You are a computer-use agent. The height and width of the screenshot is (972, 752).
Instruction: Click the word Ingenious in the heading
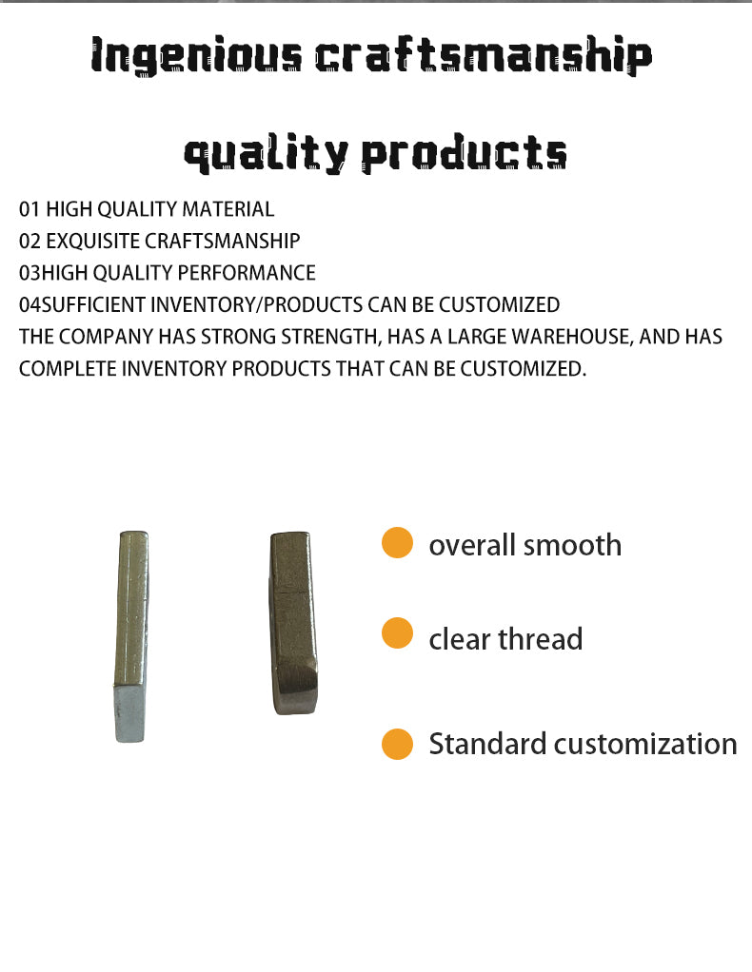tap(196, 56)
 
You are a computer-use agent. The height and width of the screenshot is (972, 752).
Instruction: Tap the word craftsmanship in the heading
tap(484, 56)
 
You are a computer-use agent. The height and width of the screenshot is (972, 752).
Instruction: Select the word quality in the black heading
tap(266, 154)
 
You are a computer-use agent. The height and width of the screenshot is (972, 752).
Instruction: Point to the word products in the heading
tap(465, 152)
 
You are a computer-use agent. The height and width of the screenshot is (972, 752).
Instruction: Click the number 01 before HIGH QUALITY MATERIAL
tap(30, 209)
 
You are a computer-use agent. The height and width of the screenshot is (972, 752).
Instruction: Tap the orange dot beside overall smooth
tap(397, 543)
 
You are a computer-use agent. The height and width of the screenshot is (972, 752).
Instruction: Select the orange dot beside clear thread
tap(397, 633)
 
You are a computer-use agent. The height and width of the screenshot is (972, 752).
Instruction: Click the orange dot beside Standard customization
tap(397, 744)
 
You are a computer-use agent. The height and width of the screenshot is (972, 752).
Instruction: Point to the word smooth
tap(572, 546)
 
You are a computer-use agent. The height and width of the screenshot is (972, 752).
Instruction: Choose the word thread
tap(540, 639)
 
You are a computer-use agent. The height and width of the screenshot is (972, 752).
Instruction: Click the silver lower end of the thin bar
tap(129, 713)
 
